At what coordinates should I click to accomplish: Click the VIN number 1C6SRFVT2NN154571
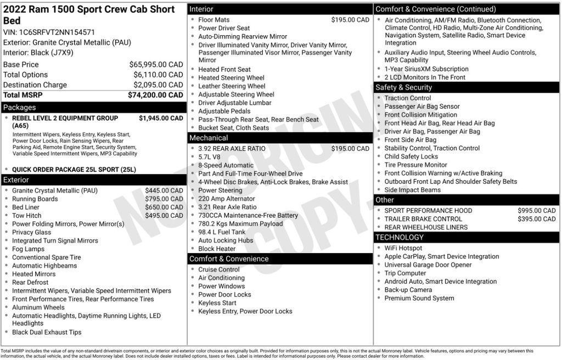pyautogui.click(x=57, y=32)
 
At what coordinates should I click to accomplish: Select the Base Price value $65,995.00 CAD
pyautogui.click(x=156, y=64)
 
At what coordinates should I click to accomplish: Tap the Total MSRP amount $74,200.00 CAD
pyautogui.click(x=155, y=95)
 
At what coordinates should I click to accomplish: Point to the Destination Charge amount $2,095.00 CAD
pyautogui.click(x=158, y=85)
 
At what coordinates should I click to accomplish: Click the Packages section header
pyautogui.click(x=20, y=108)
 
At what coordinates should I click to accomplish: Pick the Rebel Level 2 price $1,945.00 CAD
pyautogui.click(x=161, y=118)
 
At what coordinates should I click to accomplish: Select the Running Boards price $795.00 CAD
pyautogui.click(x=164, y=199)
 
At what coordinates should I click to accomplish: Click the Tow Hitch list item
pyautogui.click(x=26, y=216)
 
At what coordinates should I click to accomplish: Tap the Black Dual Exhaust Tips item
pyautogui.click(x=47, y=332)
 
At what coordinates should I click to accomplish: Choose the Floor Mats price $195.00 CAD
pyautogui.click(x=350, y=20)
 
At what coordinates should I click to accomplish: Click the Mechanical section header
pyautogui.click(x=209, y=138)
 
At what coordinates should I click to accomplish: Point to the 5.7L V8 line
pyautogui.click(x=210, y=157)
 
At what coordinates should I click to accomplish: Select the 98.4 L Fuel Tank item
pyautogui.click(x=222, y=232)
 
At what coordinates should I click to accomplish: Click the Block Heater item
pyautogui.click(x=217, y=249)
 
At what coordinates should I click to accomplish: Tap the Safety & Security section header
pyautogui.click(x=403, y=87)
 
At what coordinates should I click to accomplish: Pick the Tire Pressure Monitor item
pyautogui.click(x=415, y=165)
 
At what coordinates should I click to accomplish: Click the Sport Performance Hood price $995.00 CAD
pyautogui.click(x=536, y=211)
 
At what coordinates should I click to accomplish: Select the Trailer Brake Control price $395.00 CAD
pyautogui.click(x=536, y=219)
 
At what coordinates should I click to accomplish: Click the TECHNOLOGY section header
pyautogui.click(x=400, y=237)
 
